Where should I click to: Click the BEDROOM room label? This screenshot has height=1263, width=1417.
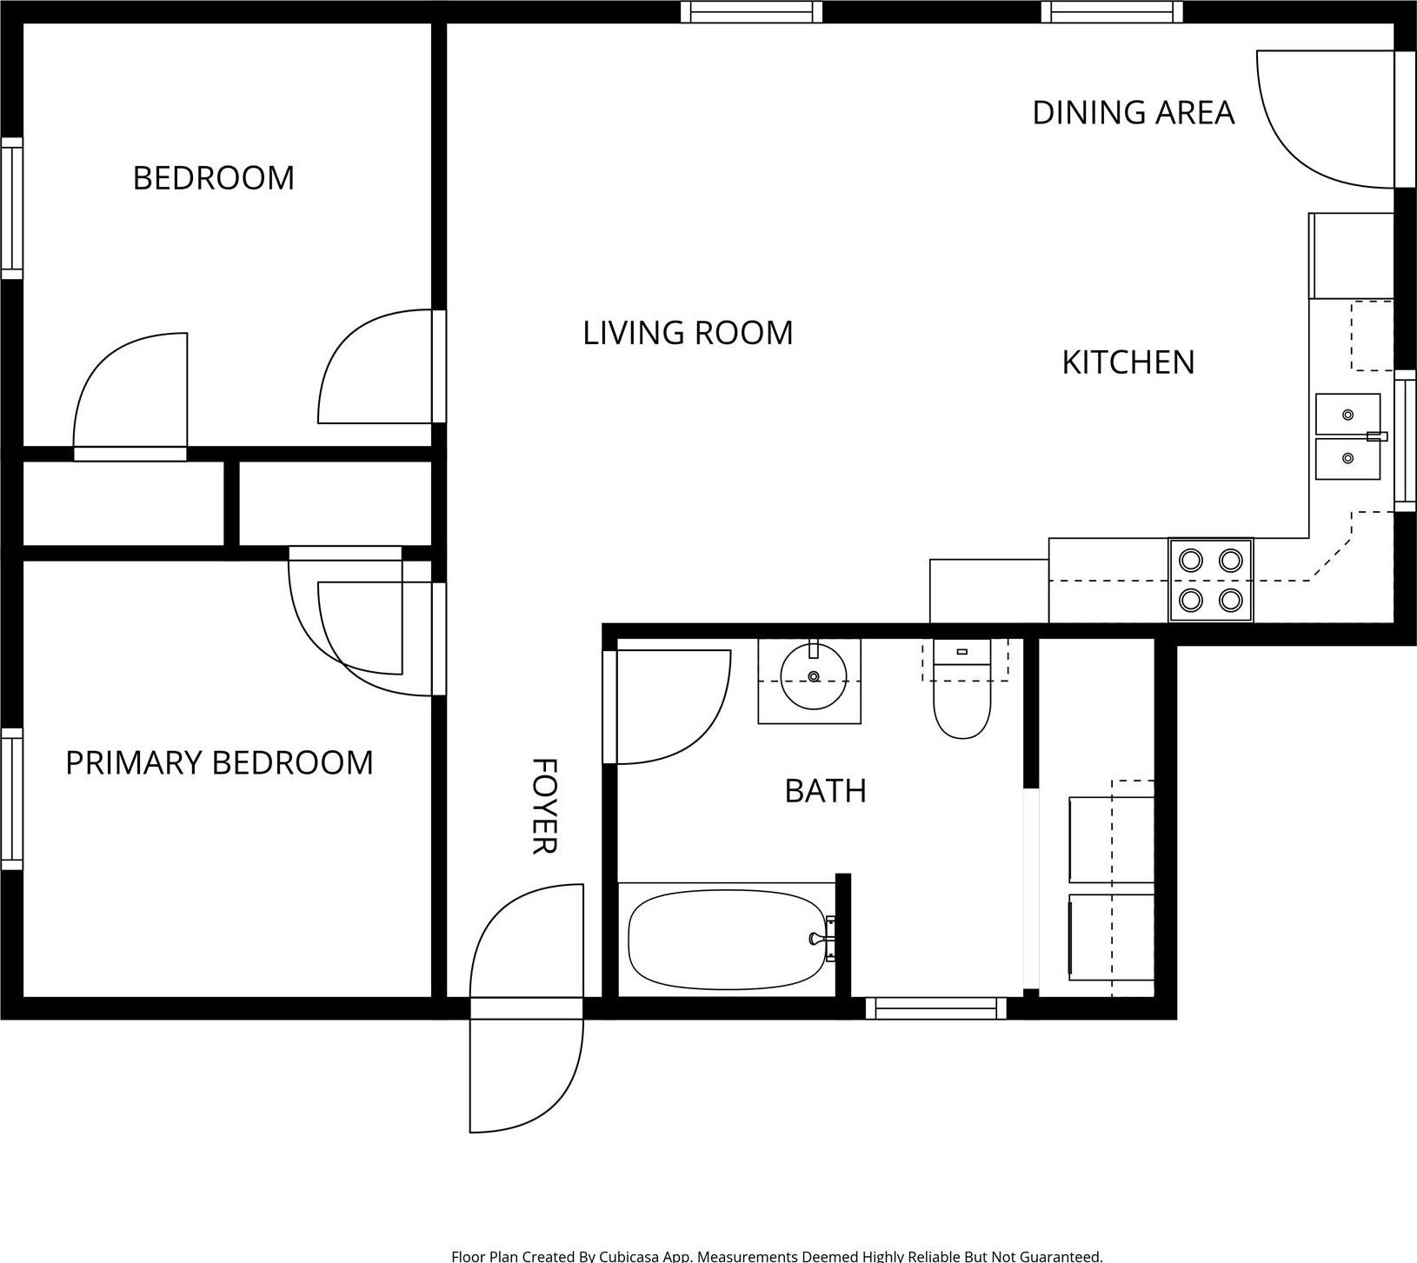tap(213, 178)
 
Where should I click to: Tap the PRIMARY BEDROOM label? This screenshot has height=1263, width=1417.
tap(219, 763)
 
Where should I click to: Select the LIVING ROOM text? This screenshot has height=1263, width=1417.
tap(688, 333)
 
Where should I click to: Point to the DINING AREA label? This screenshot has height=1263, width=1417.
tap(1133, 113)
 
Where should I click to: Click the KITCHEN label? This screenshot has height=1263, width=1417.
tap(1128, 362)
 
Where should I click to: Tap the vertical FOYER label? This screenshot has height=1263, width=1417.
tap(543, 806)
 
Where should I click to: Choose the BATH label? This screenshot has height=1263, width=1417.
tap(825, 791)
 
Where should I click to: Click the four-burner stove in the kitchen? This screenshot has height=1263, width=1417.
tap(1210, 580)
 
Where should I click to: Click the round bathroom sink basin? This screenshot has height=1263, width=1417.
tap(814, 677)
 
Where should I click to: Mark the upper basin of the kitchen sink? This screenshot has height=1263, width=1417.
tap(1347, 415)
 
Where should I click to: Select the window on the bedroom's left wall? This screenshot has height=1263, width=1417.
tap(11, 209)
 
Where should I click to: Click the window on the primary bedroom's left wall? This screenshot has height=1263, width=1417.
tap(11, 797)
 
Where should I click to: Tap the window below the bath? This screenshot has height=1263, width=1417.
tap(935, 1008)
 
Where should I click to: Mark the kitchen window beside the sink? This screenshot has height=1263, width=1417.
tap(1405, 440)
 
